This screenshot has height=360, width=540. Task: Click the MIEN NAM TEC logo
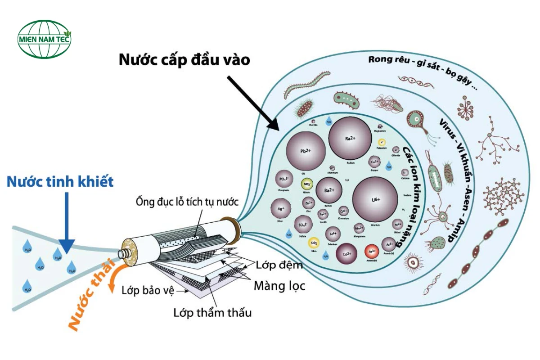pyautogui.click(x=45, y=39)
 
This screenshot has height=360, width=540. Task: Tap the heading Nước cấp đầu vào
pyautogui.click(x=184, y=60)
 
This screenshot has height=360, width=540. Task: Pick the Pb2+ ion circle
pyautogui.click(x=306, y=151)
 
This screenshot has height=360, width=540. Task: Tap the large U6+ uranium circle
pyautogui.click(x=376, y=199)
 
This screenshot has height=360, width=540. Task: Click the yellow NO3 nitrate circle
pyautogui.click(x=307, y=184)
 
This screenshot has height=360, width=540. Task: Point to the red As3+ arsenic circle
pyautogui.click(x=372, y=251)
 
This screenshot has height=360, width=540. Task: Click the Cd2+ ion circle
pyautogui.click(x=347, y=254)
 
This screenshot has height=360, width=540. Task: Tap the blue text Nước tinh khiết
pyautogui.click(x=60, y=182)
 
